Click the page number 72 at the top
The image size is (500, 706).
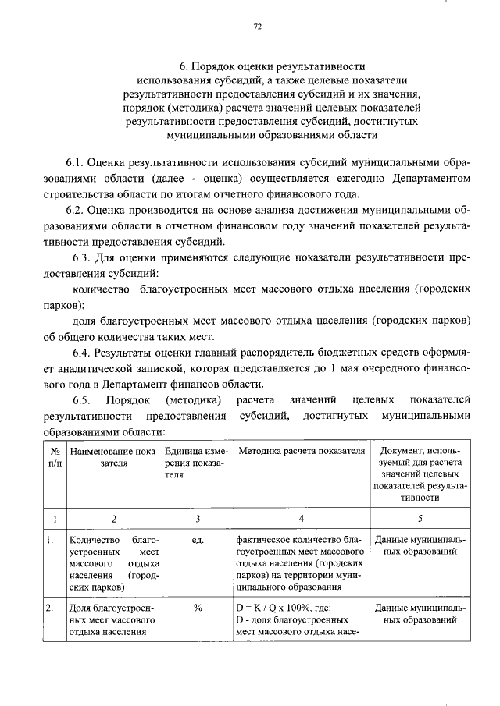click(x=258, y=27)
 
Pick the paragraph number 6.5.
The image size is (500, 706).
click(x=81, y=399)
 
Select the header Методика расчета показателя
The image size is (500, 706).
click(x=302, y=452)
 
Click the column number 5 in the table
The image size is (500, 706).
click(x=421, y=519)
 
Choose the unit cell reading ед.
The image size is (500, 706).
click(x=197, y=539)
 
